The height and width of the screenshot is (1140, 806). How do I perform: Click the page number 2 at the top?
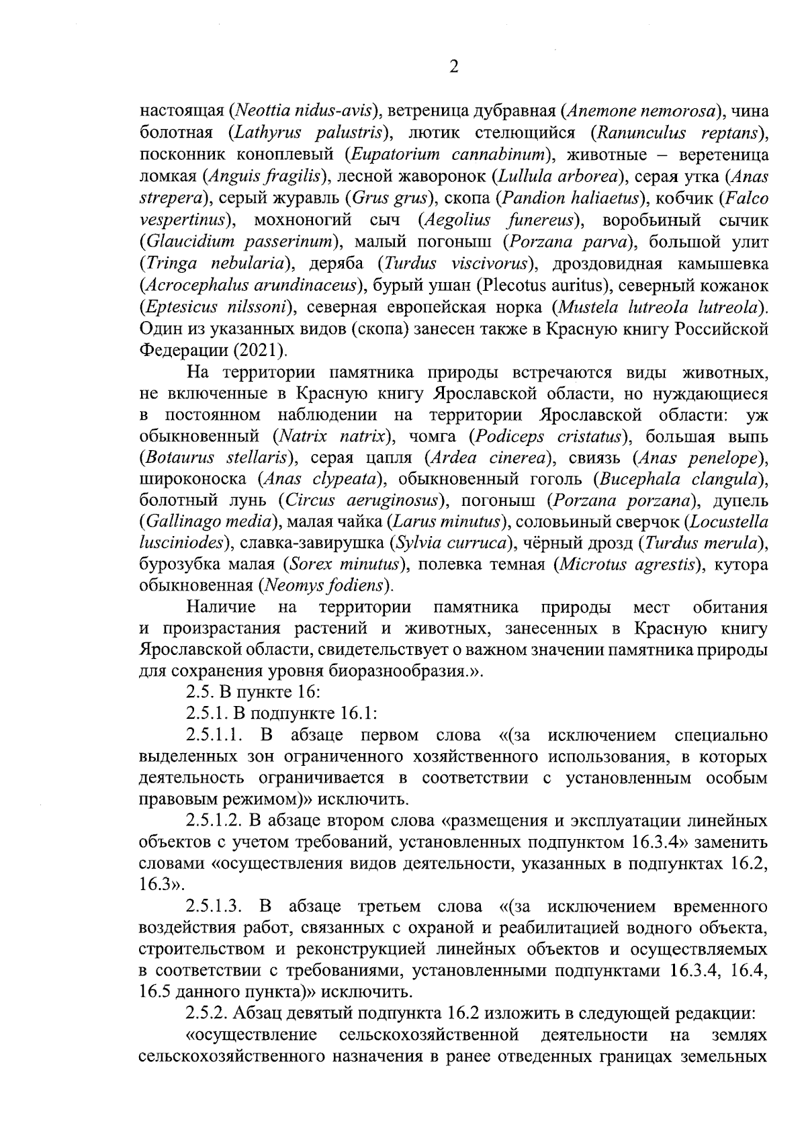[453, 67]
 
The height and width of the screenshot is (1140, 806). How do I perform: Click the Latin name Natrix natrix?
[333, 438]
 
